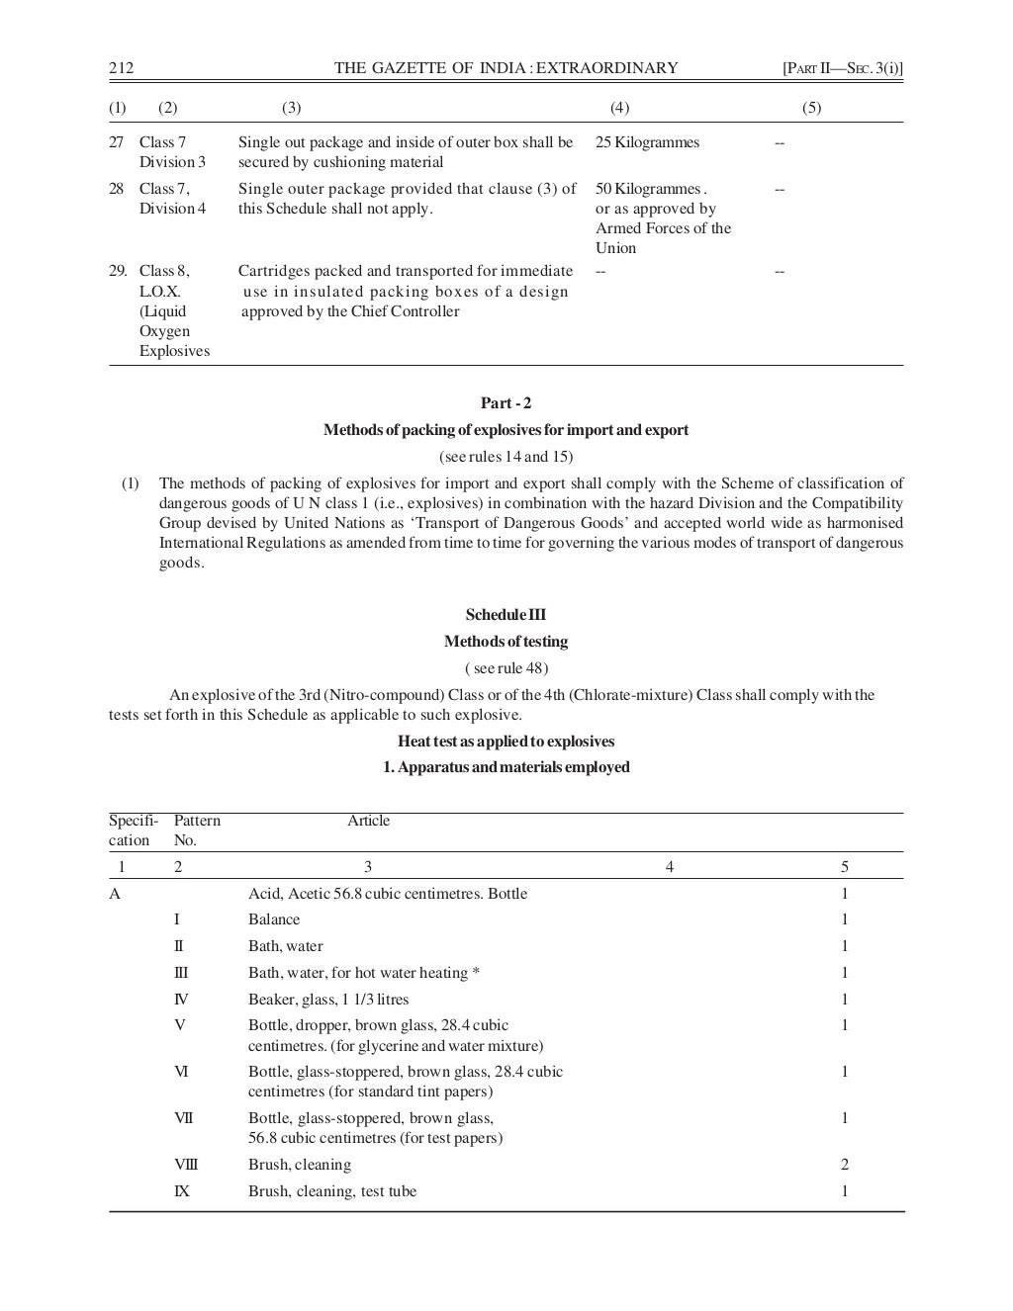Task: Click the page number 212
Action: pyautogui.click(x=121, y=68)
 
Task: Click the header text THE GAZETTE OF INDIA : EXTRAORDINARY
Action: pyautogui.click(x=506, y=68)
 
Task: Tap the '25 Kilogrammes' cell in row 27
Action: pyautogui.click(x=647, y=142)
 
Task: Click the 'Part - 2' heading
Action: pyautogui.click(x=506, y=403)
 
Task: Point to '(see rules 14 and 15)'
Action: pyautogui.click(x=506, y=457)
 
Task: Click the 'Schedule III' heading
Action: pyautogui.click(x=506, y=615)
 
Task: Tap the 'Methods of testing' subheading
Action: pyautogui.click(x=506, y=642)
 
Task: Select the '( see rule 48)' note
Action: pyautogui.click(x=506, y=668)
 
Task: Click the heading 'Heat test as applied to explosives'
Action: pyautogui.click(x=506, y=742)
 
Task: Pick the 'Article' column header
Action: pyautogui.click(x=368, y=821)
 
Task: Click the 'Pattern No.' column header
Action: pyautogui.click(x=197, y=830)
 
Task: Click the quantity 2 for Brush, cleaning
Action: pyautogui.click(x=845, y=1165)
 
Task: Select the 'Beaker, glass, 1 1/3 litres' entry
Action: pyautogui.click(x=328, y=1000)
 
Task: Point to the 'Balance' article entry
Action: pyautogui.click(x=274, y=919)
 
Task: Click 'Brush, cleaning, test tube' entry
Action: pyautogui.click(x=332, y=1191)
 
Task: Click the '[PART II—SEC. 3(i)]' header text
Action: pyautogui.click(x=843, y=68)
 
